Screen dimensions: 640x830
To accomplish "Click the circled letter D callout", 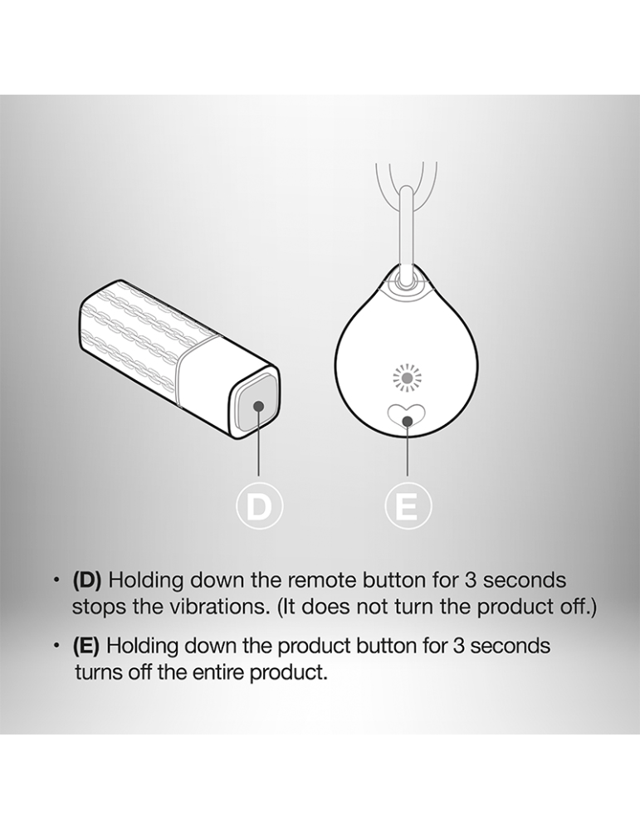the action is click(x=259, y=506).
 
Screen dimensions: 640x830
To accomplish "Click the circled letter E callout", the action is click(x=408, y=506).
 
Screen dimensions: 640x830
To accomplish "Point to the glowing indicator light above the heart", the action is click(x=406, y=378).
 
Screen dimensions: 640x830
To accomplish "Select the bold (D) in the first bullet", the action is click(x=86, y=580).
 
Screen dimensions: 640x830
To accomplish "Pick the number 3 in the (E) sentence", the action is click(x=458, y=646).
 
